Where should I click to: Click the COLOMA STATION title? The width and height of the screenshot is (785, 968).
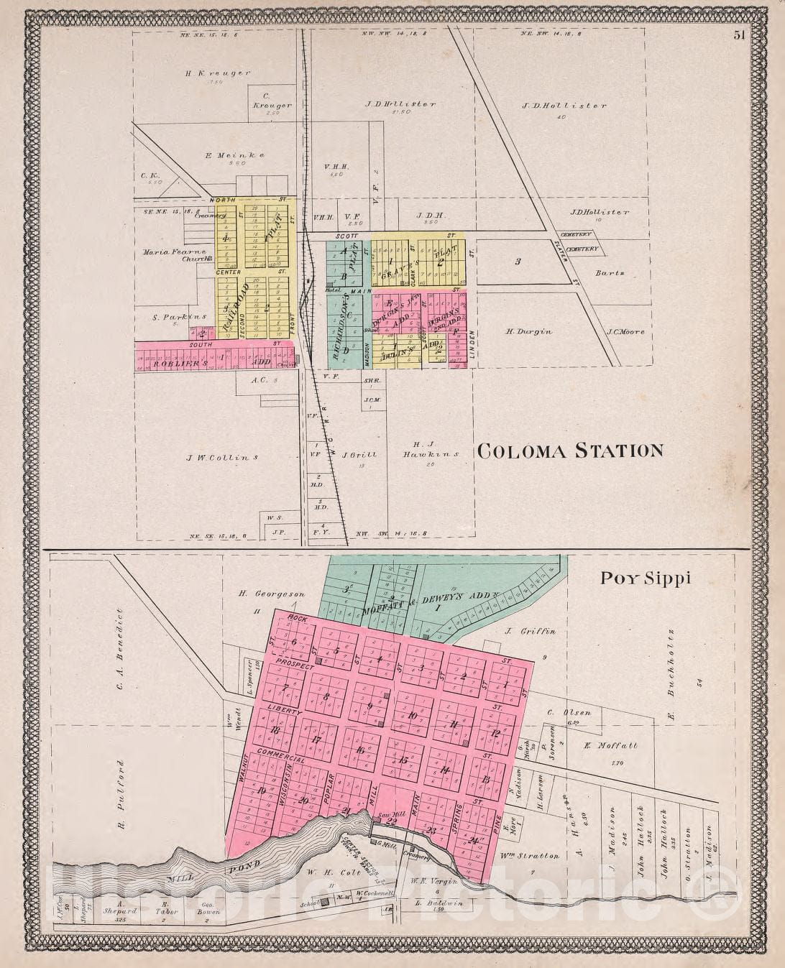[570, 451]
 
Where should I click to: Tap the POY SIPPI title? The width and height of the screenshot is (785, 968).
[646, 579]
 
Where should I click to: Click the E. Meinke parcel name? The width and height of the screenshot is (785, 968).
[225, 155]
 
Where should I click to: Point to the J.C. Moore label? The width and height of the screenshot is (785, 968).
[625, 331]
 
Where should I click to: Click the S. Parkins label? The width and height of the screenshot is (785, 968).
[170, 316]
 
